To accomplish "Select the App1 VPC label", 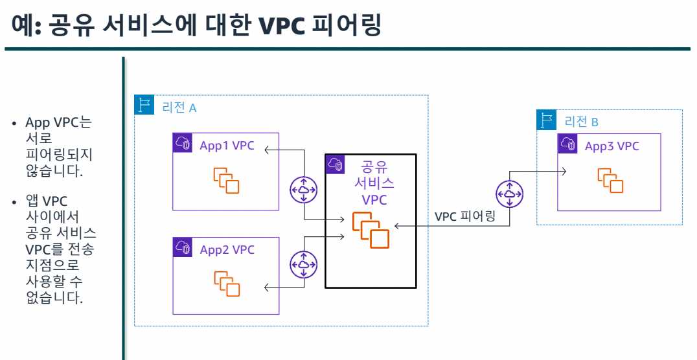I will pyautogui.click(x=227, y=146).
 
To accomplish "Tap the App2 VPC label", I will pyautogui.click(x=227, y=250).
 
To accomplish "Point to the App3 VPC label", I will pyautogui.click(x=611, y=146).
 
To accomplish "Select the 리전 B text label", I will pyautogui.click(x=582, y=121).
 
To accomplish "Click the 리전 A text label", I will pyautogui.click(x=179, y=107).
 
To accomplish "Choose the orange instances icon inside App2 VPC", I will pyautogui.click(x=227, y=284).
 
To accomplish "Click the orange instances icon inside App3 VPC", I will pyautogui.click(x=610, y=180).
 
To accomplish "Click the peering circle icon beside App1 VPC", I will pyautogui.click(x=303, y=190).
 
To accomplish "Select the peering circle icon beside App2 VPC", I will pyautogui.click(x=303, y=264).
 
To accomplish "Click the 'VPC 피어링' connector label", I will pyautogui.click(x=465, y=216).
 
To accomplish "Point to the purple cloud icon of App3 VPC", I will pyautogui.click(x=568, y=144).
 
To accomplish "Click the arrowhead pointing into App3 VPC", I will pyautogui.click(x=565, y=171).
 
